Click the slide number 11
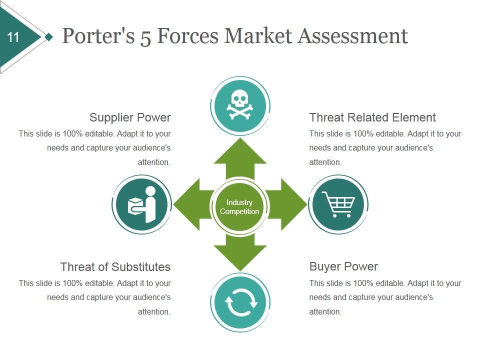click(x=13, y=37)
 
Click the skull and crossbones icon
click(x=240, y=105)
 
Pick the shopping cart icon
click(x=338, y=204)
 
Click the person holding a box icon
click(x=142, y=204)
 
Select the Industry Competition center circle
click(x=239, y=206)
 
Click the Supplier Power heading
click(x=130, y=117)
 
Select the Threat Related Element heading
click(x=372, y=117)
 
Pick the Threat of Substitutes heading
click(x=115, y=266)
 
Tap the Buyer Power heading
click(x=343, y=266)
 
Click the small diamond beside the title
click(x=48, y=37)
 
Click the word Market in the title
click(x=257, y=36)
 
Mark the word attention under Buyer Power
click(x=325, y=311)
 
